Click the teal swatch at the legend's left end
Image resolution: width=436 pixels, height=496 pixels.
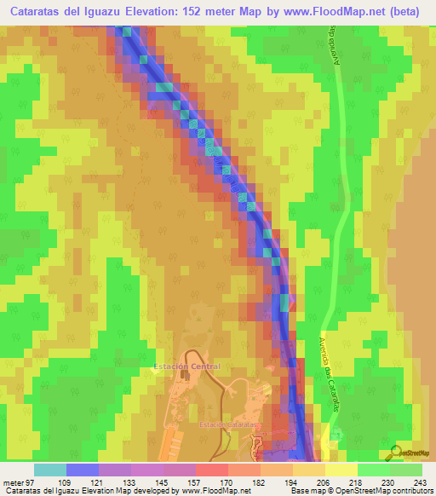(x=49, y=470)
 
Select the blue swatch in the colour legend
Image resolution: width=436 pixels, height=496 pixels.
(x=83, y=470)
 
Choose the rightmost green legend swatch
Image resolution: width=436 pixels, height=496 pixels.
(x=406, y=470)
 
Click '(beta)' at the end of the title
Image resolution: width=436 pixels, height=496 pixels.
(x=410, y=11)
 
